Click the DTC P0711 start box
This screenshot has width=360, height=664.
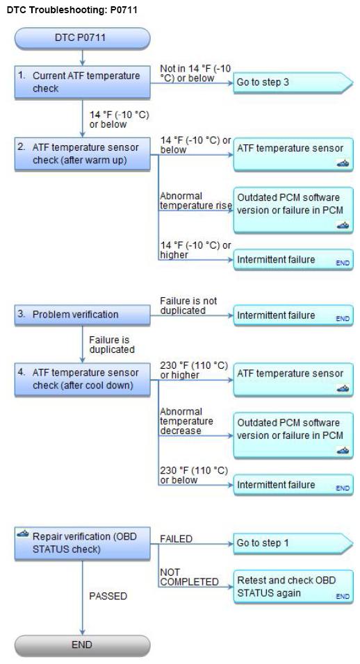coord(82,38)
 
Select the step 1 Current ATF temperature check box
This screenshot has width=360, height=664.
coord(82,82)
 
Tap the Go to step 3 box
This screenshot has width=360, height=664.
coord(293,82)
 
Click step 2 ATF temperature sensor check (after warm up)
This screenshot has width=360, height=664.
coord(82,154)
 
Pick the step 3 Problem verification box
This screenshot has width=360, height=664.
coord(82,315)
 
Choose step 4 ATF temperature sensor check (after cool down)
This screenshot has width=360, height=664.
coord(82,379)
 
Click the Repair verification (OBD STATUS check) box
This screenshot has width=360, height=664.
coord(82,543)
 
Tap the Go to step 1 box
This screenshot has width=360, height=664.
coord(293,543)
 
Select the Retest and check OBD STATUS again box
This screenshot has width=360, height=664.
coord(293,586)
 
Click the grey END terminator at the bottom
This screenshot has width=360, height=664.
coord(82,645)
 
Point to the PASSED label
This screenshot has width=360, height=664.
coord(108,596)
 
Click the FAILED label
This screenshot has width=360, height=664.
coord(177,539)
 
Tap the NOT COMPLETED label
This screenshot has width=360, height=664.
coord(189,577)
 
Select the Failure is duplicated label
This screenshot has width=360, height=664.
coord(112,345)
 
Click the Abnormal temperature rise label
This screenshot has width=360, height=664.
coord(196,201)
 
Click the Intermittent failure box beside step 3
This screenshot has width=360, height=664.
coord(293,315)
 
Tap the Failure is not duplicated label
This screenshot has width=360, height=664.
coord(188,306)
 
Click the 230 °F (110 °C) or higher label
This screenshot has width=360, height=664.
coord(194,370)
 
